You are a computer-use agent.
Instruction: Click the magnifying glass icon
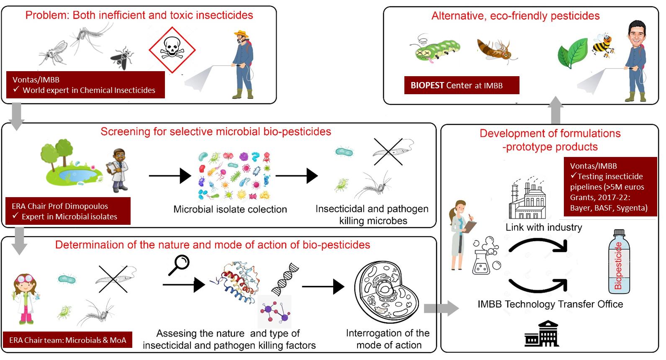(179, 265)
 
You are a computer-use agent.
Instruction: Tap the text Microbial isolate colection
(230, 209)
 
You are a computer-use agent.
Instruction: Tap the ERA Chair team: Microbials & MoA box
(68, 340)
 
